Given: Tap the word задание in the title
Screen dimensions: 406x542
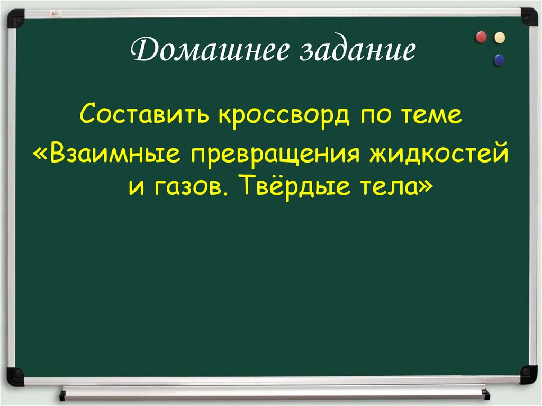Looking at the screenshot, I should click(350, 52).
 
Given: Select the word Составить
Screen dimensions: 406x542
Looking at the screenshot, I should click(146, 114).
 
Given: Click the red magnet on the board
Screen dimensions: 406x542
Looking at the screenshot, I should click(481, 37).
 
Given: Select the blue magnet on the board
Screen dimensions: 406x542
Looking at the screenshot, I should click(499, 60).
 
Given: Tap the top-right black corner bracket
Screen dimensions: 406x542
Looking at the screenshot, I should click(528, 16).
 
